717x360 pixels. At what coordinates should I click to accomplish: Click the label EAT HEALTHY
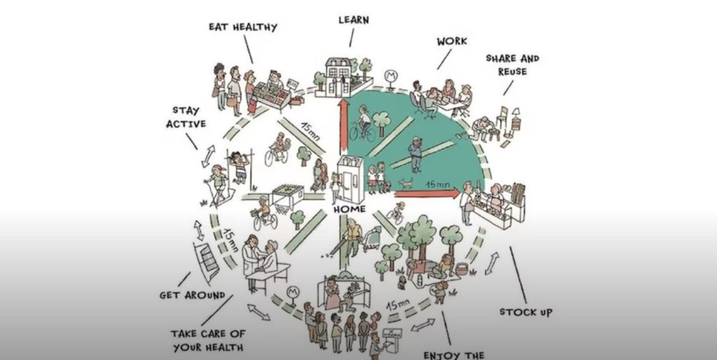coord(243,27)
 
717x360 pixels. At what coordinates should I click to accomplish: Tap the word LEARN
coord(354,20)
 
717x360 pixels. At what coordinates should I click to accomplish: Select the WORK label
coord(452,41)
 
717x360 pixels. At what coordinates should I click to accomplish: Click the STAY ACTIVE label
coord(186,117)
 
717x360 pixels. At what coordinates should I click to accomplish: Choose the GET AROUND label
coord(193,296)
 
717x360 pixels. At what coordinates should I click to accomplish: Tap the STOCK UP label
coord(526,312)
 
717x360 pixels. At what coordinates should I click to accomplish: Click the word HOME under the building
coord(349,209)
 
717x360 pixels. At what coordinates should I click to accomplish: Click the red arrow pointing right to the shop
coord(426,194)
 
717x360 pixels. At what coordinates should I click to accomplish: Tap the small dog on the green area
coord(405,184)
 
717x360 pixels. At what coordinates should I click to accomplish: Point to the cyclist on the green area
coord(363,123)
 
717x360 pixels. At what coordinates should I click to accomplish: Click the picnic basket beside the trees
coord(462,270)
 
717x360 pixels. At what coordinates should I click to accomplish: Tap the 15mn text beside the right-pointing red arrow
coord(438,184)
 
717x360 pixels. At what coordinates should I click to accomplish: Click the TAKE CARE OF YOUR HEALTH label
coord(208,341)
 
